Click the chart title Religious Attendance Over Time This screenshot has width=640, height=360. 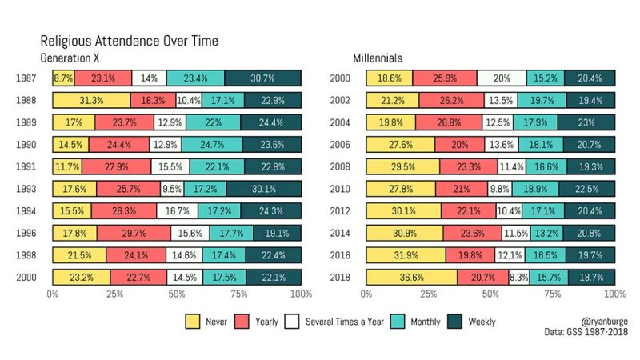coord(129,40)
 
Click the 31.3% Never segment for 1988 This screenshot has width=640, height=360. coord(91,100)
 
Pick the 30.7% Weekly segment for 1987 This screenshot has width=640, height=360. coord(262,78)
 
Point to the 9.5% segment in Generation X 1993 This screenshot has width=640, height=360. coord(171,189)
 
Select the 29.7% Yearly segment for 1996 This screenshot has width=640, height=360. coord(134,233)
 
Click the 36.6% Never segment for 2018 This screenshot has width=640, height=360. coord(412,277)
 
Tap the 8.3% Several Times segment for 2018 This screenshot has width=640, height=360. coord(519,277)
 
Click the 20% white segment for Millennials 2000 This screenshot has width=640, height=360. coord(502,78)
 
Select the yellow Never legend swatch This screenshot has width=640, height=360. coord(193,322)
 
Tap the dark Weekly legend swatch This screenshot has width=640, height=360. coord(454,322)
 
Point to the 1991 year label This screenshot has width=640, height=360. coord(25,166)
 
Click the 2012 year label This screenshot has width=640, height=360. coord(338,211)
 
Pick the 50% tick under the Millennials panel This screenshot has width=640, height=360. coord(490,294)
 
